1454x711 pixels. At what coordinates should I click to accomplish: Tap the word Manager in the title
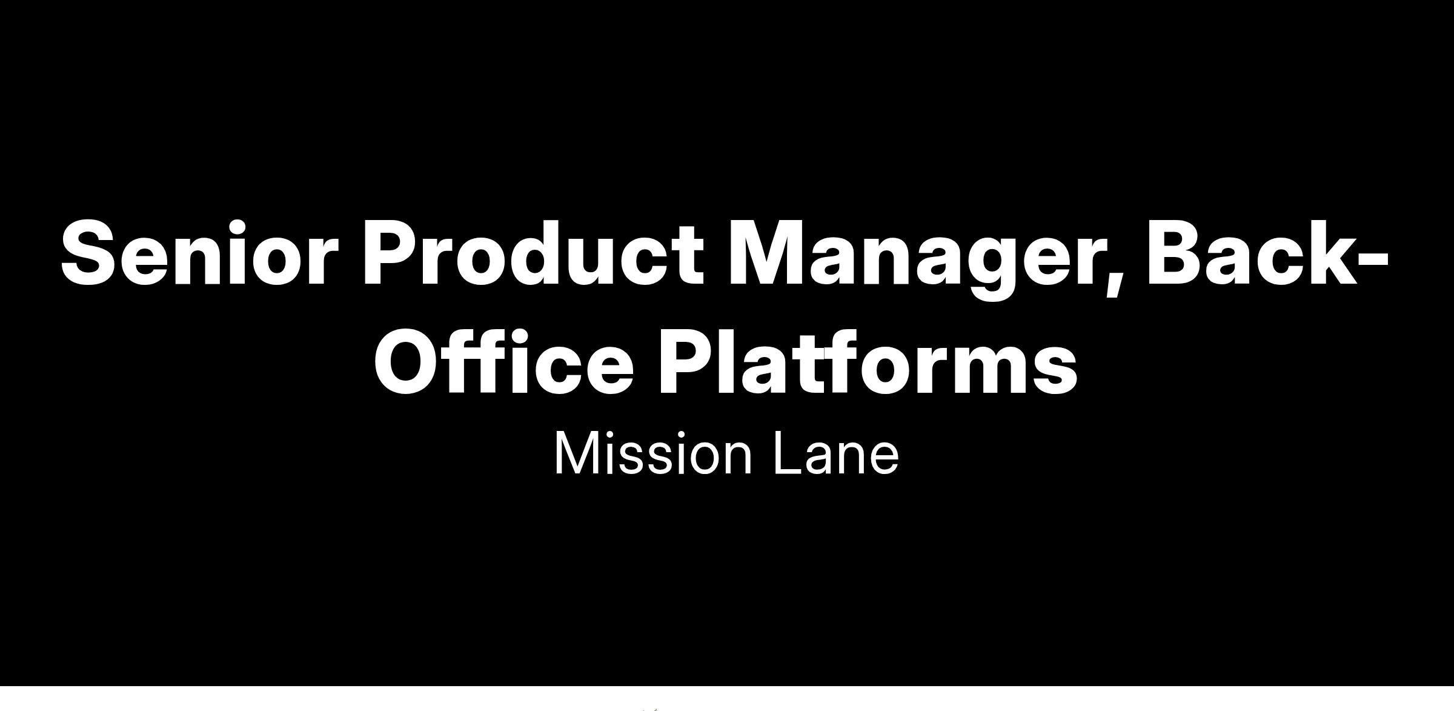coord(927,259)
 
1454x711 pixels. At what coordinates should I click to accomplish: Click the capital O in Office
coord(407,362)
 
